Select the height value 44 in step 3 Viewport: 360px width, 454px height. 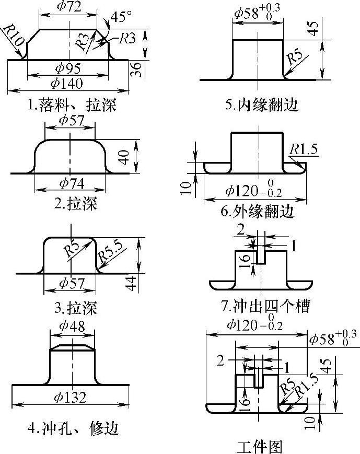tap(132, 284)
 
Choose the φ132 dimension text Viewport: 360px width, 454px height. tap(71, 397)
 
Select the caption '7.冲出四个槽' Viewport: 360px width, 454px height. tap(265, 306)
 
